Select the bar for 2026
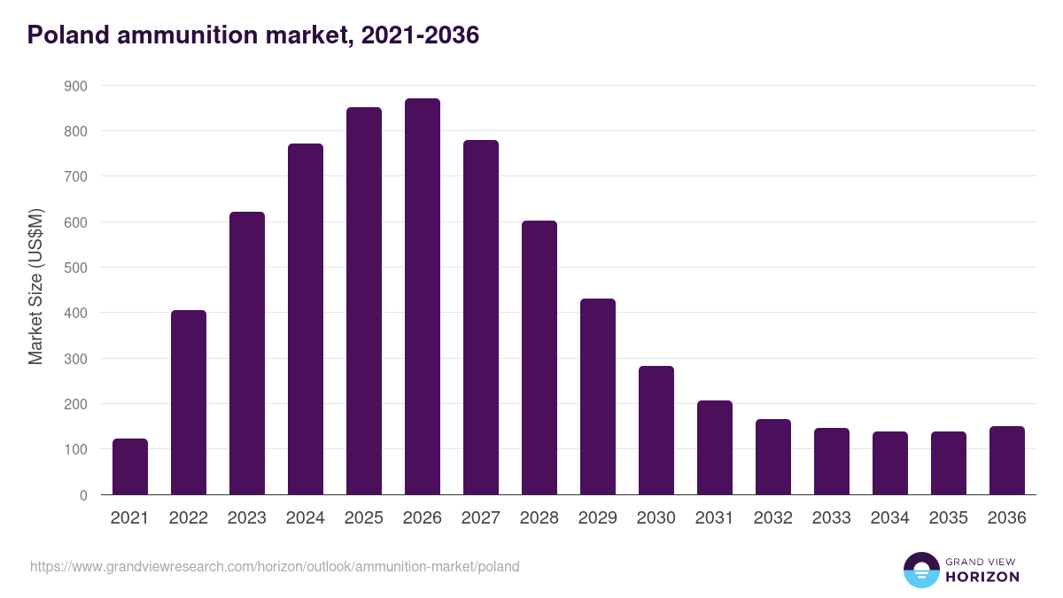pos(423,297)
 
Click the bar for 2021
pos(130,467)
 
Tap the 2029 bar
pos(598,397)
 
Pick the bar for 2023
pos(247,353)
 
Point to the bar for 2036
pos(1007,461)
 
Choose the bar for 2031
pos(715,447)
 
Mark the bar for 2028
pos(539,358)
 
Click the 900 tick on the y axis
pos(76,86)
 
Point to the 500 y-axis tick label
pos(76,268)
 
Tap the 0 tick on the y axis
pos(83,495)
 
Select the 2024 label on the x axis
pos(306,518)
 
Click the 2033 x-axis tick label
pos(832,518)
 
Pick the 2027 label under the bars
pos(481,518)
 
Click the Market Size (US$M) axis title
pos(35,286)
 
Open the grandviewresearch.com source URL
pos(275,566)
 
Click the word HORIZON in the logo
pos(982,577)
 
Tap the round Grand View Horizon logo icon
pos(921,570)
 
